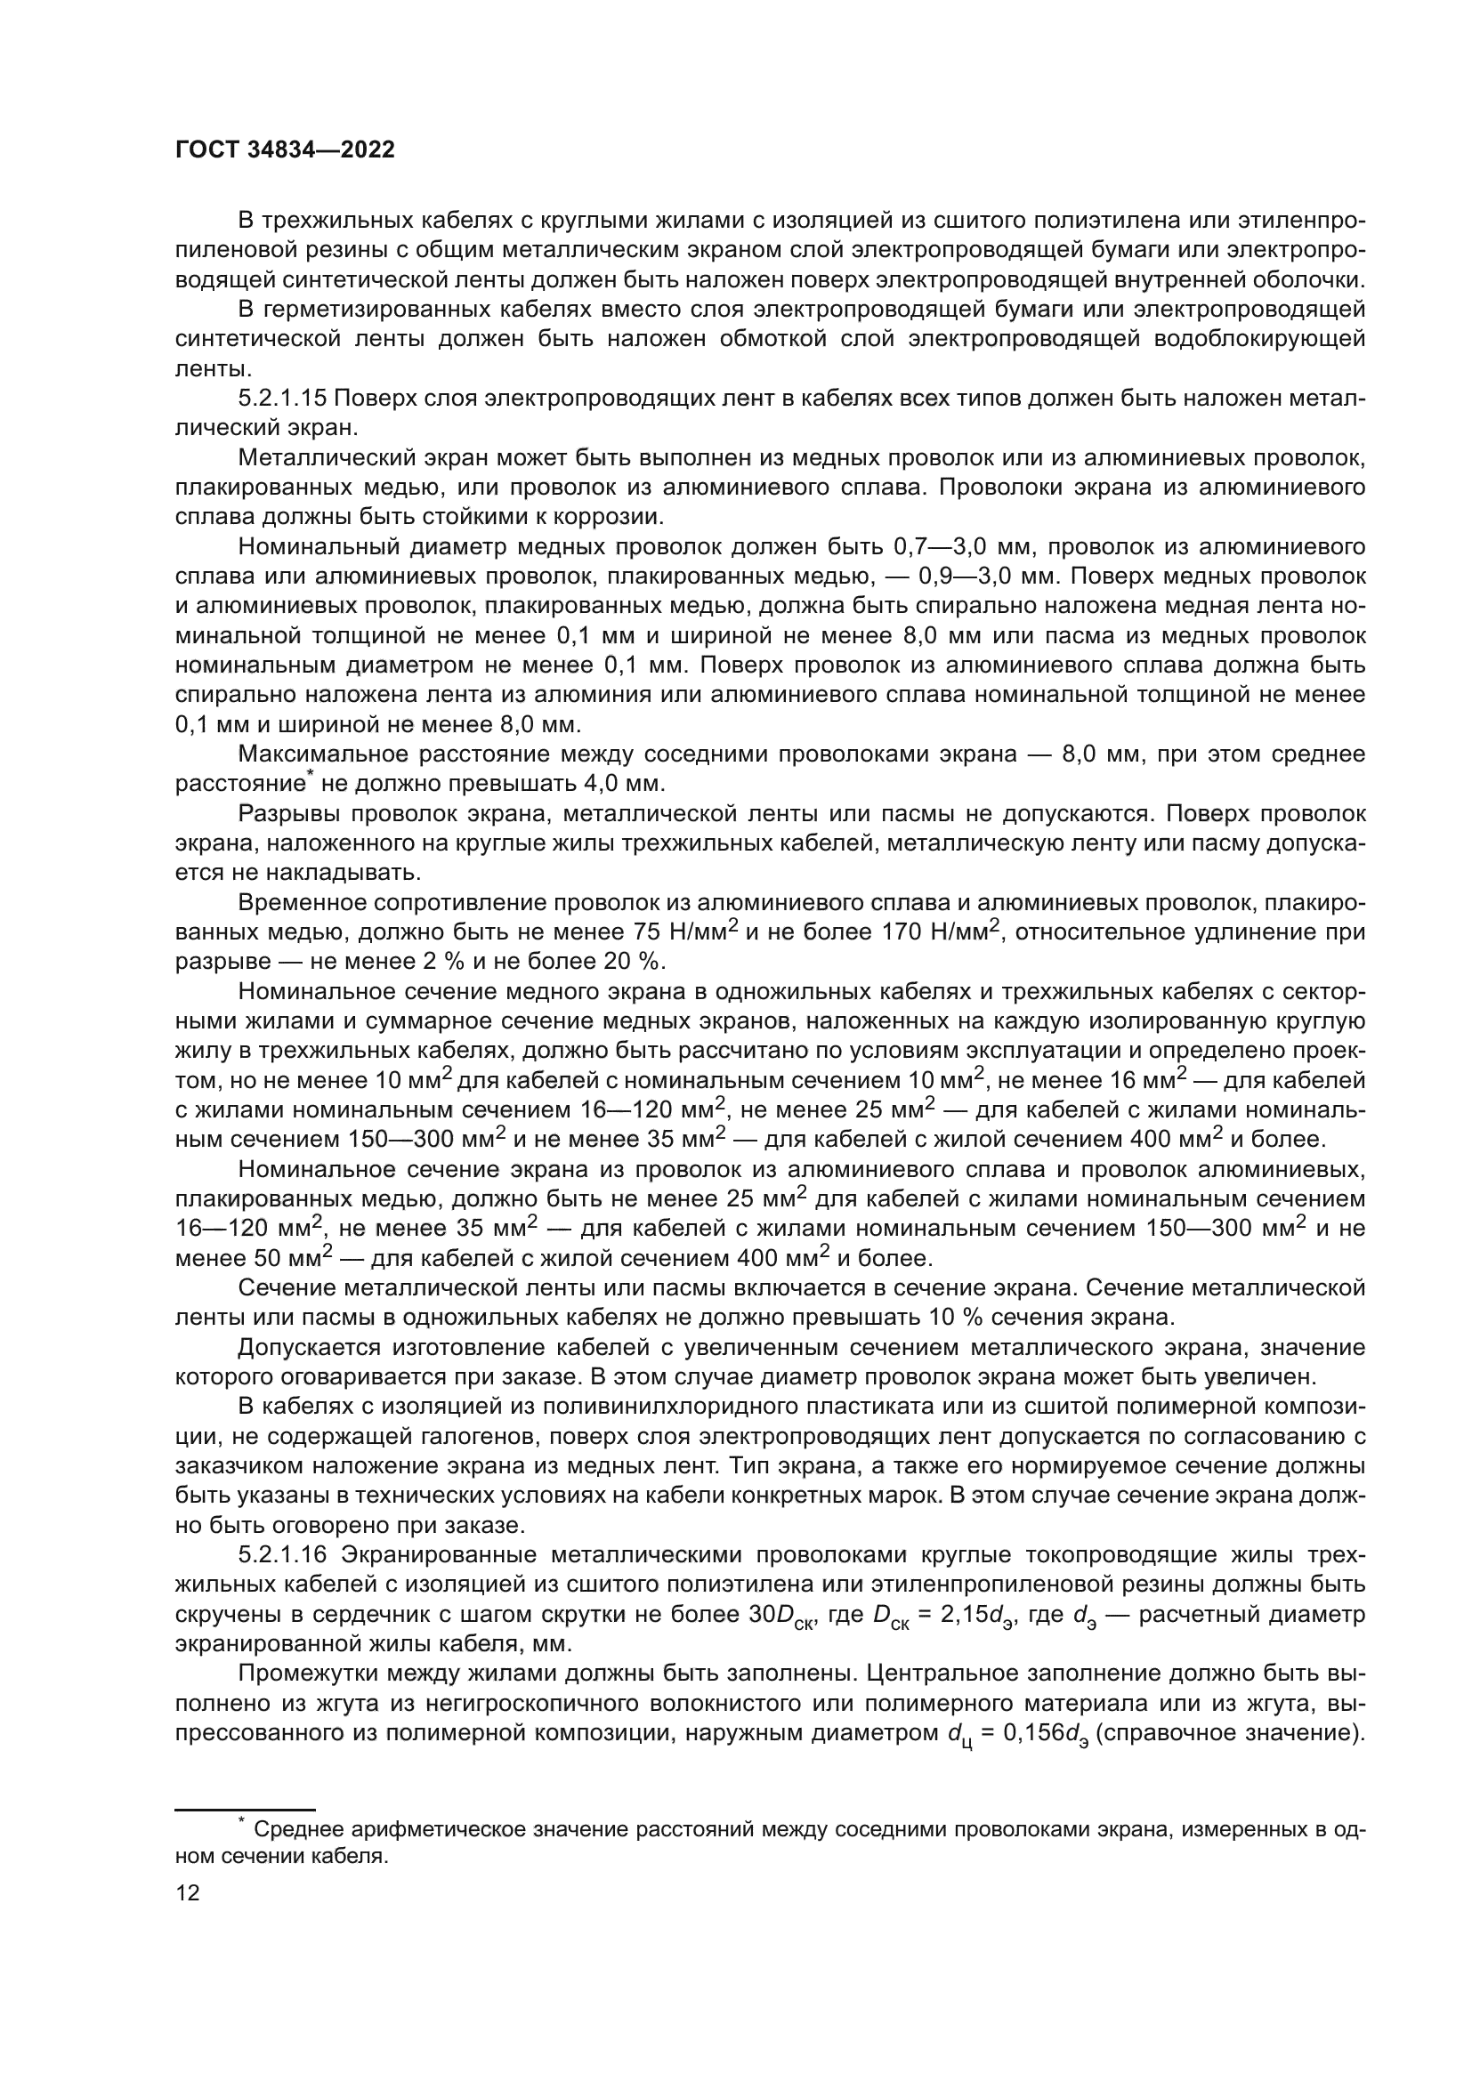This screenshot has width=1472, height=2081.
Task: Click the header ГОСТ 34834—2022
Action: pos(285,150)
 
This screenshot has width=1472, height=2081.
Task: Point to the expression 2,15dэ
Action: pos(975,1615)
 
